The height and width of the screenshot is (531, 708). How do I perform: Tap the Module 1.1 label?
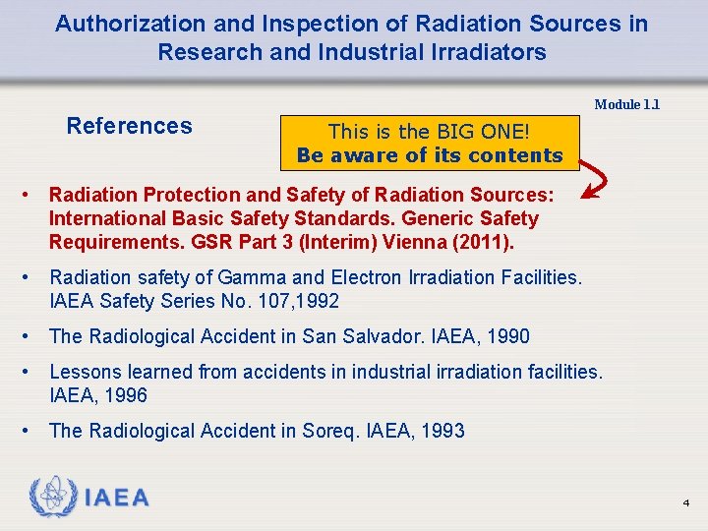[626, 104]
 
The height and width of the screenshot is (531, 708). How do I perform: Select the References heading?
[129, 126]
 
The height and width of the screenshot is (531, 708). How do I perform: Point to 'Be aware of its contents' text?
[430, 155]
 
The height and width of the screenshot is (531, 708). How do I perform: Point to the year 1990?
[507, 336]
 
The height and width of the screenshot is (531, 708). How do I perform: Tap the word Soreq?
[347, 431]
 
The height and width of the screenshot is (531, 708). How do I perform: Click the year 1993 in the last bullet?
[442, 431]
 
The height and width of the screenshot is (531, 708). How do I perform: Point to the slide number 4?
[685, 503]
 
